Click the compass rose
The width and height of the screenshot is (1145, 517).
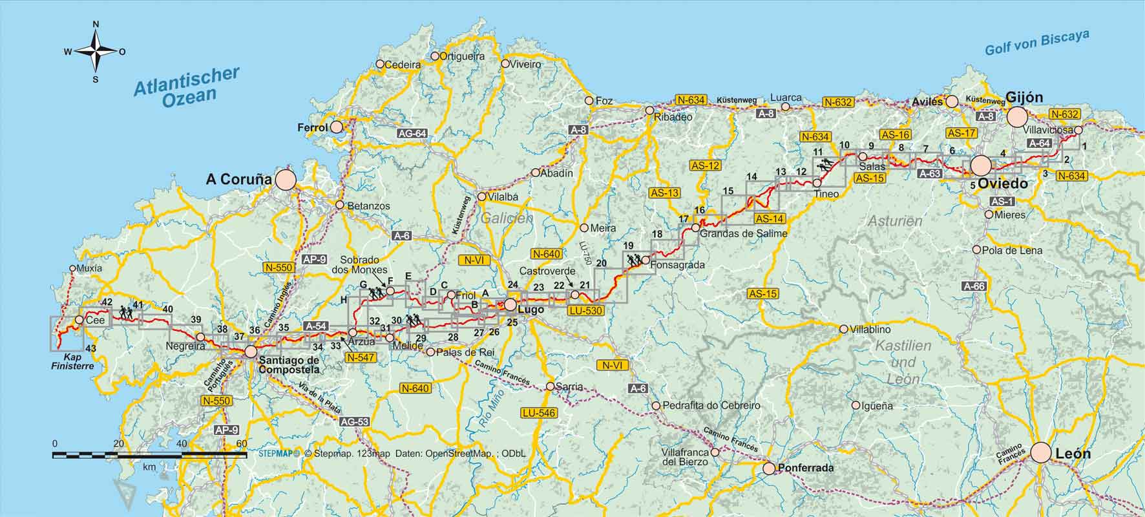click(x=96, y=51)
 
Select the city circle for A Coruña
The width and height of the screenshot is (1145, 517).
click(x=285, y=180)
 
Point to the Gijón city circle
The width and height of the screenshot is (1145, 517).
click(x=1016, y=118)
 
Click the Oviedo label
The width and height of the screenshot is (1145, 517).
click(x=1003, y=184)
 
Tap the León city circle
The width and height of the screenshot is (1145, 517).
click(x=1040, y=452)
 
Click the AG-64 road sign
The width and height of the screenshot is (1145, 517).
click(x=412, y=134)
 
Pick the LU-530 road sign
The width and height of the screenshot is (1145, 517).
click(x=585, y=311)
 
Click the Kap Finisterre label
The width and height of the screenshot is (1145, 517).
click(x=72, y=361)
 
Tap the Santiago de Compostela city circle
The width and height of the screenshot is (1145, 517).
click(x=251, y=352)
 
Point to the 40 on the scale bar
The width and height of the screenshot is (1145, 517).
click(x=182, y=444)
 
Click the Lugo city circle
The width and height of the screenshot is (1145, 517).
click(x=511, y=304)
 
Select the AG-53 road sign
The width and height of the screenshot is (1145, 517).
click(x=354, y=422)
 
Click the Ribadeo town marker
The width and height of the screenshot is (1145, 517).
click(x=650, y=111)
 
